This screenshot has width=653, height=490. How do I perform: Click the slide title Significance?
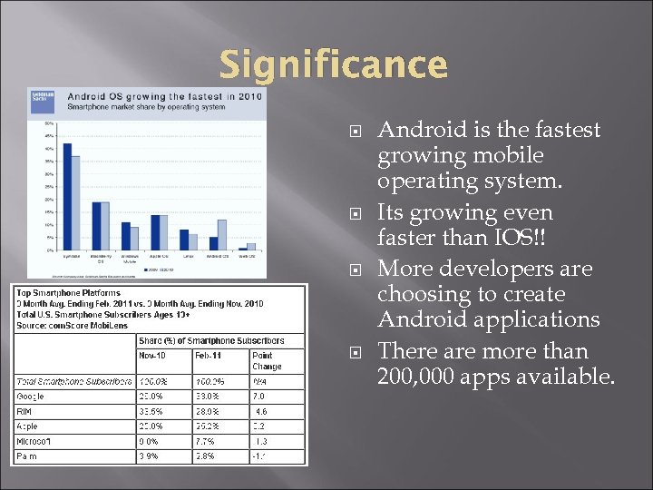334,64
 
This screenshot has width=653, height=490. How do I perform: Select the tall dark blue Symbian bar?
66,196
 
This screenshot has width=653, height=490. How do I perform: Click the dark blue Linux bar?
183,240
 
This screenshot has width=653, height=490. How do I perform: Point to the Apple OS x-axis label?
159,258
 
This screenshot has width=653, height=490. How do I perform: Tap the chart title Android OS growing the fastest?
165,95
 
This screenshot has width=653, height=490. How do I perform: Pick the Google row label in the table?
31,396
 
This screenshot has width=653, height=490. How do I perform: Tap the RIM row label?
24,410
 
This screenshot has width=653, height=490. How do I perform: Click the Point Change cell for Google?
260,396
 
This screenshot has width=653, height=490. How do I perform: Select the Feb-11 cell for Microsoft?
206,440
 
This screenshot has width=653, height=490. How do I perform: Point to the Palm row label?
27,456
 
